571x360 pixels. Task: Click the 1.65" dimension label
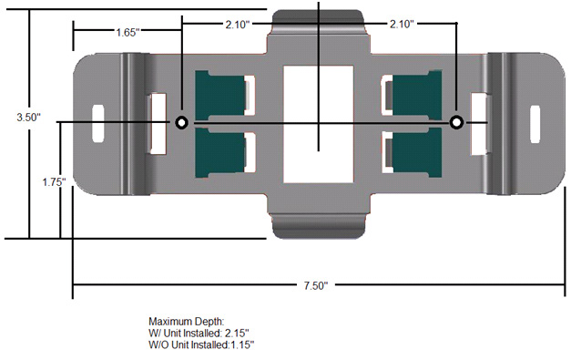point(127,32)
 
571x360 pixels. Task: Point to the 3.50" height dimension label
point(27,118)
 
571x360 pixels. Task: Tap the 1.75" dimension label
point(54,182)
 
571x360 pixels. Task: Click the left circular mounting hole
point(181,122)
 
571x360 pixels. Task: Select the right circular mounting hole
point(456,122)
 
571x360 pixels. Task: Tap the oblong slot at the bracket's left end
point(98,122)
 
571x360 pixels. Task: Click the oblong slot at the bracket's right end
point(536,122)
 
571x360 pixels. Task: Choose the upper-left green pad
point(219,94)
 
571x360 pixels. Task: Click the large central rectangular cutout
point(318,121)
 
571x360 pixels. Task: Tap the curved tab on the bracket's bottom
point(319,225)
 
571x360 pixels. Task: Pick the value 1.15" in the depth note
point(239,345)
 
